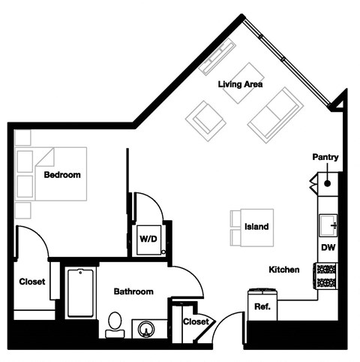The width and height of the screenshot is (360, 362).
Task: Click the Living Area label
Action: pos(240,85)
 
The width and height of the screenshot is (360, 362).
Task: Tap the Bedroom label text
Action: pos(62,175)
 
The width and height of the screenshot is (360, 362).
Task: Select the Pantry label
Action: pos(325,158)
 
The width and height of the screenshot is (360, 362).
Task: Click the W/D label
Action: pos(148,240)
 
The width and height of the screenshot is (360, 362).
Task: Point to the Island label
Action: pos(256,227)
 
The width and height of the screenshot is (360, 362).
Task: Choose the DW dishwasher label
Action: pos(328,247)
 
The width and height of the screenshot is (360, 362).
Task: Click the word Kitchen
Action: pos(284,269)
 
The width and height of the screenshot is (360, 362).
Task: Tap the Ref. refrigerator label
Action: pos(262,306)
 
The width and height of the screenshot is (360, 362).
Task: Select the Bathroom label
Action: pos(133,291)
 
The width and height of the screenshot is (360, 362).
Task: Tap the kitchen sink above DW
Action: pos(328,224)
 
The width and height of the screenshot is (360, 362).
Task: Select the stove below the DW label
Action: pos(327,276)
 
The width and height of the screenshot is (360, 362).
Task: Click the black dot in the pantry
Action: pos(328,182)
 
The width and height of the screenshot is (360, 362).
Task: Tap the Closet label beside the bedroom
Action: pos(32,282)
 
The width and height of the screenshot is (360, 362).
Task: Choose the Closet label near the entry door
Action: pos(196,321)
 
